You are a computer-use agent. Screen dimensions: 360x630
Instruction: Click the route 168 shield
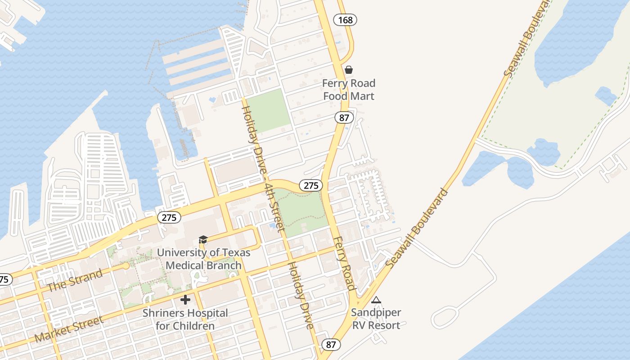pos(345,20)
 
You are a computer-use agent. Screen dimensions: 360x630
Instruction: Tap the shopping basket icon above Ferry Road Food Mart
pos(348,70)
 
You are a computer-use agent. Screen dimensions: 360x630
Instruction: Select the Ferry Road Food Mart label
pos(349,90)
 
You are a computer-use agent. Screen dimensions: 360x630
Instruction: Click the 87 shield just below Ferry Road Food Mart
pos(344,118)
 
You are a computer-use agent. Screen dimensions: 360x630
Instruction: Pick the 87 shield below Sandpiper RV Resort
pos(331,345)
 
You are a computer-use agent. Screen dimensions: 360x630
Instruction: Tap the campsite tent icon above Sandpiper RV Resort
pos(376,300)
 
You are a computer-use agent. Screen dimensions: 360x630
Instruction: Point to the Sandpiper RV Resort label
pos(376,319)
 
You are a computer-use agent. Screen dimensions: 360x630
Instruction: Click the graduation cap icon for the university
pos(203,240)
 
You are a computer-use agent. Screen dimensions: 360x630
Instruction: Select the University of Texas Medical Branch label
pos(203,259)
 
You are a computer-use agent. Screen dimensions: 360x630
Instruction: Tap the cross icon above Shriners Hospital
pos(185,300)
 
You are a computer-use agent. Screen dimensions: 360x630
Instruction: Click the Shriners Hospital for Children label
pos(185,319)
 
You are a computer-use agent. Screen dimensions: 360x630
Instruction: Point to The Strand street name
pos(75,279)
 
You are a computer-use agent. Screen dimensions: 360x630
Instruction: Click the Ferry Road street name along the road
pos(345,263)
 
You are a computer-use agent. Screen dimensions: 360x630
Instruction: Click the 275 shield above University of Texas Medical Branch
pos(169,218)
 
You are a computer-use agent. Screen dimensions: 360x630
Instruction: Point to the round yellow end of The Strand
pos(126,266)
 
